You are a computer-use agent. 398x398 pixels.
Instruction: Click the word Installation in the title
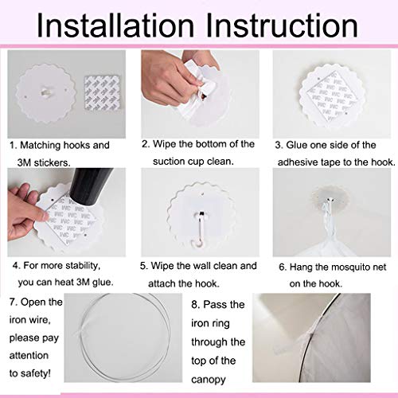tap(115, 25)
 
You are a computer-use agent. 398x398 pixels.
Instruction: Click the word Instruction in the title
tap(282, 25)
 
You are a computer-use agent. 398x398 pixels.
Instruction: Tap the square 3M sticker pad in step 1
tap(102, 92)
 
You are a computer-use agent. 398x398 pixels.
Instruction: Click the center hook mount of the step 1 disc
tap(45, 93)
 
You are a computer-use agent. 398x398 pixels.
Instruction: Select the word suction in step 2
tap(169, 162)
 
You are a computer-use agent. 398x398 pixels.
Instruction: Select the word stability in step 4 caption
tap(83, 266)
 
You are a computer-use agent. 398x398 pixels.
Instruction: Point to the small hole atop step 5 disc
tap(203, 194)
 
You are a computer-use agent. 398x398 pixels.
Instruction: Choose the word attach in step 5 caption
tap(162, 283)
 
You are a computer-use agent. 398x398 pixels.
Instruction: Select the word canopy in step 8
tap(209, 380)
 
